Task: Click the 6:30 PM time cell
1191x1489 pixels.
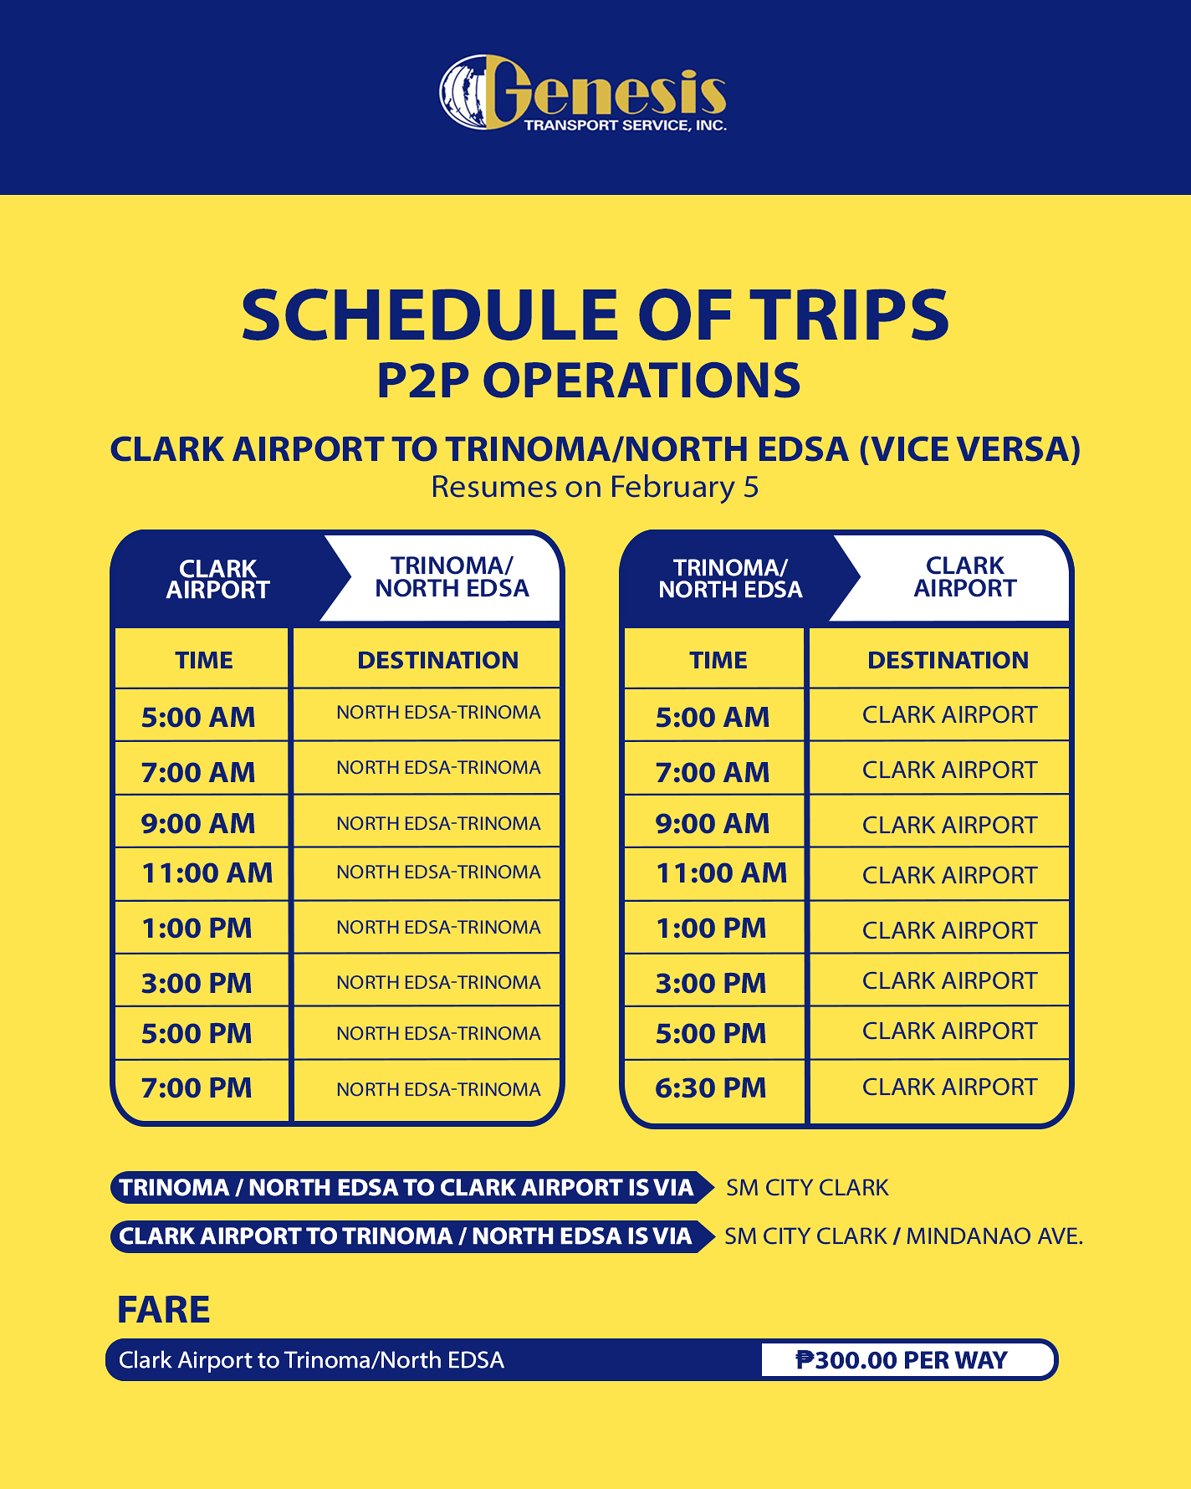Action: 711,1088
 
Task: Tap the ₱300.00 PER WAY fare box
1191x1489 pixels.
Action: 902,1360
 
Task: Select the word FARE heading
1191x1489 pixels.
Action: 163,1310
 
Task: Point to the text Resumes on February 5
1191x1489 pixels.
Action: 595,487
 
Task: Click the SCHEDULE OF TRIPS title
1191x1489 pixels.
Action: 595,315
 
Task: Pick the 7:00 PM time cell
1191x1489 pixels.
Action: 197,1088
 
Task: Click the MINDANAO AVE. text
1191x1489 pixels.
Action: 994,1236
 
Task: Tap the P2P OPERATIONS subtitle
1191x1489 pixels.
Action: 589,381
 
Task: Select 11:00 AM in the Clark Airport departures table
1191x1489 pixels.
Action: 207,873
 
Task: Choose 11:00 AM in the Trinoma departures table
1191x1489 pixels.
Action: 721,873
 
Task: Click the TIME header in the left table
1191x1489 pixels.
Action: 204,660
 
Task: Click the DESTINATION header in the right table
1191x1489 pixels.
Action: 948,660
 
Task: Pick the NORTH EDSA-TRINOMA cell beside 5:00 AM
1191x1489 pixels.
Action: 438,713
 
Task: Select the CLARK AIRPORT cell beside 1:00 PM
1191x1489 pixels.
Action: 949,930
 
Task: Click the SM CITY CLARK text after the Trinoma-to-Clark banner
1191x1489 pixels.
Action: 807,1188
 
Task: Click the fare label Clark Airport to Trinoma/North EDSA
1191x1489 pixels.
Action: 311,1360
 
